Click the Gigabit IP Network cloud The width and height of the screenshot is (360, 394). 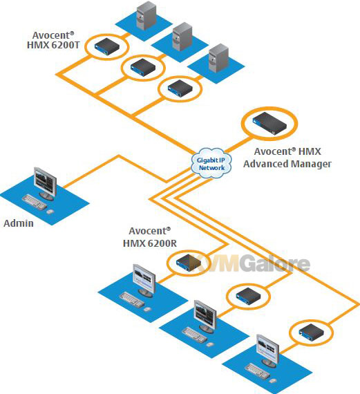click(x=211, y=163)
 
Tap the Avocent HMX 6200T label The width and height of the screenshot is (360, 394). click(x=53, y=40)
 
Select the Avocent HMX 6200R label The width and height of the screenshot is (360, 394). click(x=150, y=237)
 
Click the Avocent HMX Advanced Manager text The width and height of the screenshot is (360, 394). click(x=287, y=158)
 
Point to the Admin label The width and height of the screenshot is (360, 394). click(x=19, y=223)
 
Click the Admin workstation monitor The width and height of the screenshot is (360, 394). click(x=45, y=183)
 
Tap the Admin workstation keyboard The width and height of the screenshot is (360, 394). click(x=35, y=203)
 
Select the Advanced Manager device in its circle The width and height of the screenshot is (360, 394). click(x=269, y=124)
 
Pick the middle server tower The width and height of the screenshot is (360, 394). click(x=182, y=37)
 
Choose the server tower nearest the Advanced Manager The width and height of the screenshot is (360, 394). click(x=218, y=58)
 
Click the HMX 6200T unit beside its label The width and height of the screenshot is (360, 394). click(x=107, y=47)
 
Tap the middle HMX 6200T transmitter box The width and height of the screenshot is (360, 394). click(x=143, y=67)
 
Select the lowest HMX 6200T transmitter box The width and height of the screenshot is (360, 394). click(x=180, y=88)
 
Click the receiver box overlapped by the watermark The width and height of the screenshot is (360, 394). click(x=189, y=263)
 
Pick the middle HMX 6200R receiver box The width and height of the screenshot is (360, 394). click(x=248, y=295)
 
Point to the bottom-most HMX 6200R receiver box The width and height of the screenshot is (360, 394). click(x=311, y=332)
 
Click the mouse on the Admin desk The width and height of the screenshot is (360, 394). click(x=50, y=212)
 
